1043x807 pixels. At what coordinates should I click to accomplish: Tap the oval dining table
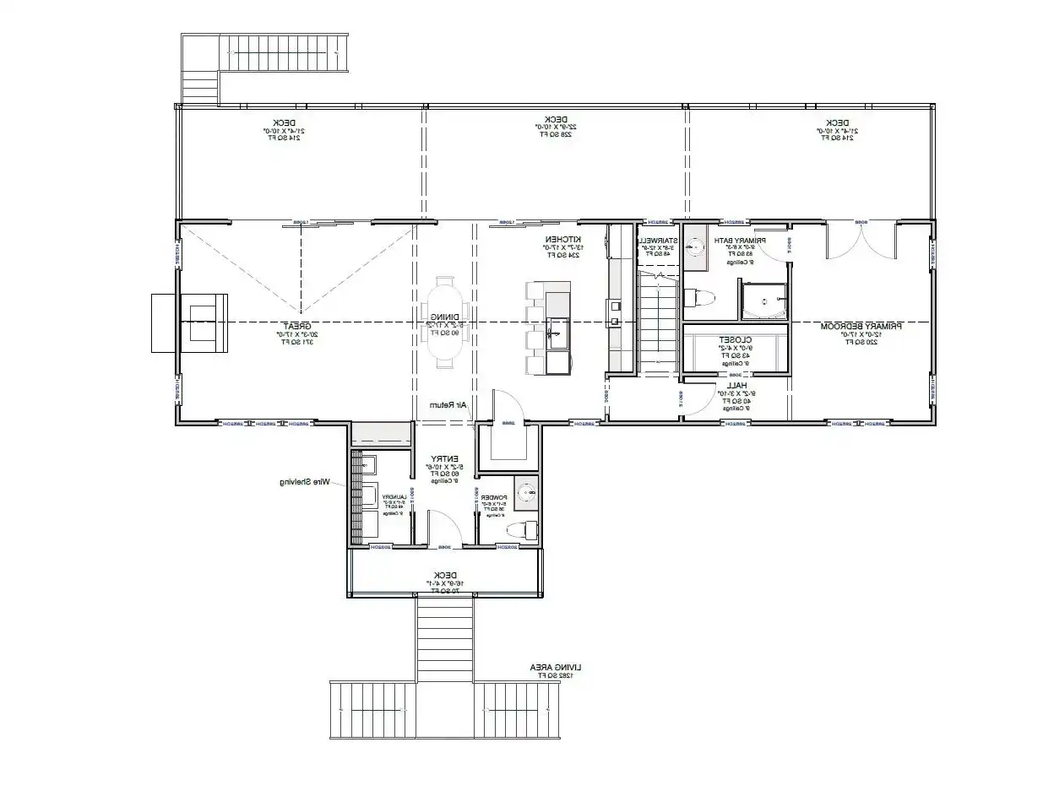point(443,322)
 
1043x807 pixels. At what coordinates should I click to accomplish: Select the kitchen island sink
point(557,332)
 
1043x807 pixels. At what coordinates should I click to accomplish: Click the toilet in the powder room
point(523,529)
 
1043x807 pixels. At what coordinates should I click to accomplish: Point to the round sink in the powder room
point(526,491)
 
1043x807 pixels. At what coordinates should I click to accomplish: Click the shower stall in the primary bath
point(764,301)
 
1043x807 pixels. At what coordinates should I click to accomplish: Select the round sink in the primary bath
point(695,246)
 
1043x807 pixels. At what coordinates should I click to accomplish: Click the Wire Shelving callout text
point(304,483)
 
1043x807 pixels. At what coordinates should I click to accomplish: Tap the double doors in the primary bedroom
point(861,241)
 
